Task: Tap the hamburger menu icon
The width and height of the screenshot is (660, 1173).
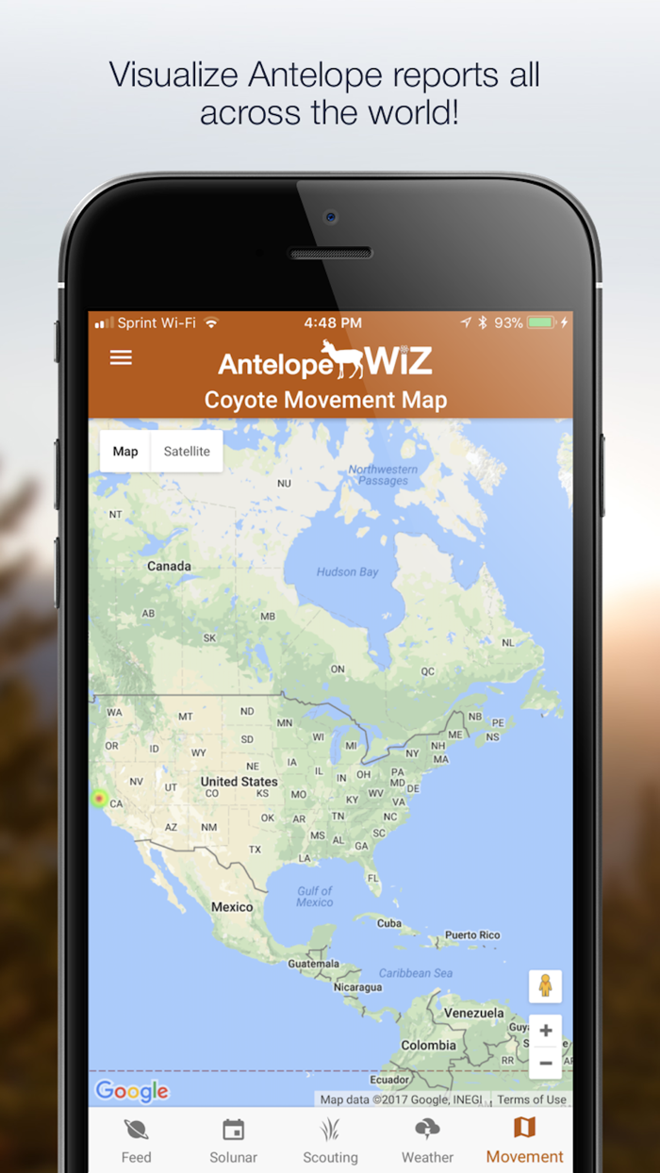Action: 121,358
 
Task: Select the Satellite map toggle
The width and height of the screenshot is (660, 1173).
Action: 187,452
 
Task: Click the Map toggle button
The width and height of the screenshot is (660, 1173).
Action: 125,452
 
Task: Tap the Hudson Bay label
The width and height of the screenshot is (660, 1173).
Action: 347,572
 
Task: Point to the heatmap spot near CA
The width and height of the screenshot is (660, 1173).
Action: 99,800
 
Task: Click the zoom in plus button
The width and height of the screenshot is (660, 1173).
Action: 545,1031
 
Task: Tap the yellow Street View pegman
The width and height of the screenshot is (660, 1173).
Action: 545,986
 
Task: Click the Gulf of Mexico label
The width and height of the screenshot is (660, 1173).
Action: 315,897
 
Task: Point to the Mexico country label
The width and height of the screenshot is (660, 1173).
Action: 232,907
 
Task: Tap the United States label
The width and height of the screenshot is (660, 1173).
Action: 239,782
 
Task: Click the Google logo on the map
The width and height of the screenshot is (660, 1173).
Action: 132,1092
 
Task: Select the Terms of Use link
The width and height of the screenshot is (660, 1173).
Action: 532,1099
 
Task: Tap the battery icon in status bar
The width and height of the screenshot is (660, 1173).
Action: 541,322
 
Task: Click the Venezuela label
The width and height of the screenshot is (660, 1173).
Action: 474,1013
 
